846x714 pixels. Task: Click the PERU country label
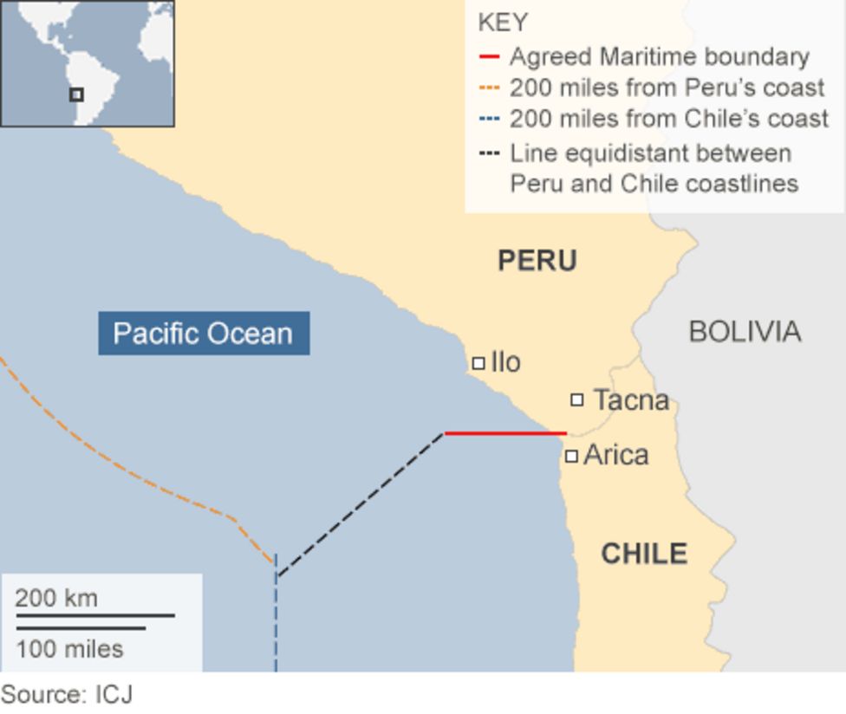tap(537, 261)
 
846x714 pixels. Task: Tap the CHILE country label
tap(643, 554)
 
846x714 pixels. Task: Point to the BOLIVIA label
tap(744, 332)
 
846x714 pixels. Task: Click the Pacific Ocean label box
tap(203, 334)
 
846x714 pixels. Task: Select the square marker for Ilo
tap(478, 363)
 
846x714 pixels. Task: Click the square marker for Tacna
tap(576, 399)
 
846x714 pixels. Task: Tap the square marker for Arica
tap(571, 456)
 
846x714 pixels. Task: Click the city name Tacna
tap(631, 400)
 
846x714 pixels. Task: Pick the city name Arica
tap(615, 455)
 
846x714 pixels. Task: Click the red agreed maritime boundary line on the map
tap(504, 432)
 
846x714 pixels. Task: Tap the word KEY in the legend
tap(503, 23)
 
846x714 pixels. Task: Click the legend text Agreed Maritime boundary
tap(659, 57)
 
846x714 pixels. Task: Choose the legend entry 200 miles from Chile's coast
tap(668, 119)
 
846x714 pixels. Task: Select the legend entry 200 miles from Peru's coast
tap(667, 88)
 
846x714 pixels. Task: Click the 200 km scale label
tap(56, 598)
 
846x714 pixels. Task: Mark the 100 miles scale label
tap(69, 648)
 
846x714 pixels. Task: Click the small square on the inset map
tap(76, 94)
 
